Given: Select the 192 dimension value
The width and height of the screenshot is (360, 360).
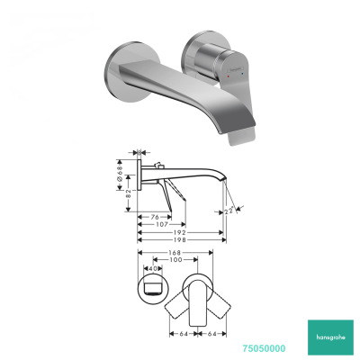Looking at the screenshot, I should [x=182, y=231].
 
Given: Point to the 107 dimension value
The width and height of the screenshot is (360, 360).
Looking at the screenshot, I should [x=159, y=223].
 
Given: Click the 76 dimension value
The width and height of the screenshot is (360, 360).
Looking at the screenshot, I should [x=154, y=215].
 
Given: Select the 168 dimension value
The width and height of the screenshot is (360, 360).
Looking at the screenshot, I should [x=176, y=253].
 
